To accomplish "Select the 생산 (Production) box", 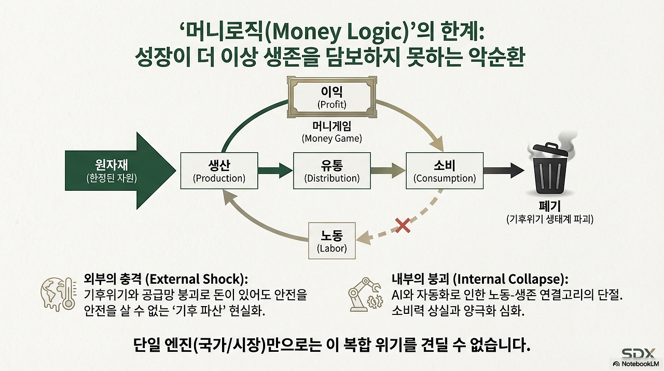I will coord(219,171).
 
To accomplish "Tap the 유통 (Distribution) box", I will coord(332,171).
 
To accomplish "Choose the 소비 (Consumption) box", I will coord(445,171).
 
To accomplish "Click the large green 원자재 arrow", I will coord(119,171).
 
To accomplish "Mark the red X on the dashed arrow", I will coord(403,225).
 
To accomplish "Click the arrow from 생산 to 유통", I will coord(275,169).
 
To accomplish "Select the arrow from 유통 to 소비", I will coord(388,169).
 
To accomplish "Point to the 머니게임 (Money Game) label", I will coord(332,133).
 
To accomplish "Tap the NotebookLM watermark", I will coord(637,364).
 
